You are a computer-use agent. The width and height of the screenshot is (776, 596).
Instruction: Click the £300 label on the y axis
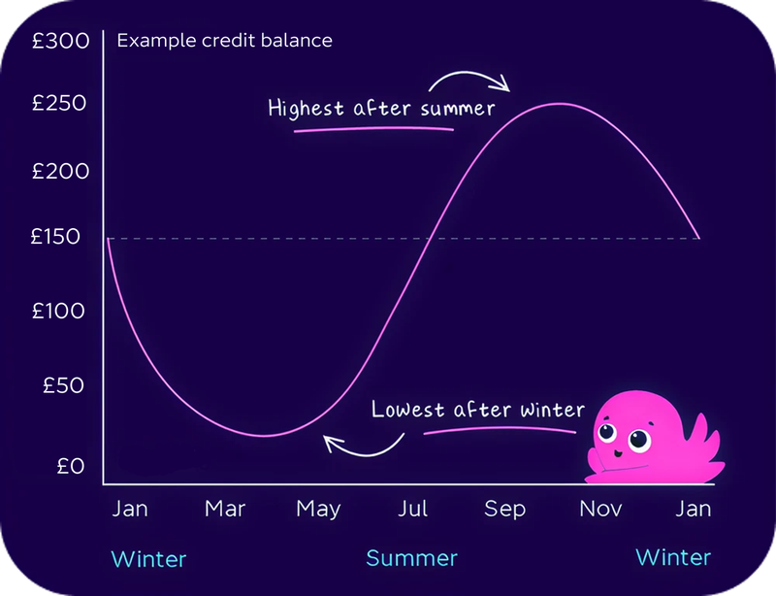60,42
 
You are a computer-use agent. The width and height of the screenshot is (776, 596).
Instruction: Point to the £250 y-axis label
60,104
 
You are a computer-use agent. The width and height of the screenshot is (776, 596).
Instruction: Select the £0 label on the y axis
71,467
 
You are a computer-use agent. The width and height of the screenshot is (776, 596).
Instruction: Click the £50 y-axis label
65,385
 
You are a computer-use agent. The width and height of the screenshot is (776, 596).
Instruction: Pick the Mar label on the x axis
225,509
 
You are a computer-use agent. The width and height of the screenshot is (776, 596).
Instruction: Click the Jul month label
414,509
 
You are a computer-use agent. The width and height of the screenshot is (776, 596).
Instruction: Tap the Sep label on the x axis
505,509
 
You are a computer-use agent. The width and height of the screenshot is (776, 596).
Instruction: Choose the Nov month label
600,509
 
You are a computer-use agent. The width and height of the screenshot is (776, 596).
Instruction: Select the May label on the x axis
318,509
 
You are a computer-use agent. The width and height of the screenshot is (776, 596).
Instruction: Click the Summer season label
411,559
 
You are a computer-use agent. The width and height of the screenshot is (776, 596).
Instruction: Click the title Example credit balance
224,41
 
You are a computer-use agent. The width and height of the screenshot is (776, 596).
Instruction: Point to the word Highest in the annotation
305,107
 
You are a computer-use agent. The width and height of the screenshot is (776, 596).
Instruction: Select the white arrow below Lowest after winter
363,446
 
